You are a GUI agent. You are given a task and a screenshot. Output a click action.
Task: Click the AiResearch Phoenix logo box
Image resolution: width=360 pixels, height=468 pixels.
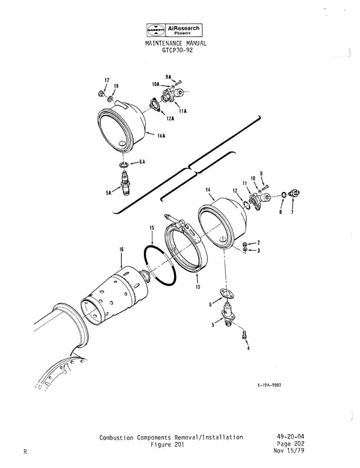(175, 30)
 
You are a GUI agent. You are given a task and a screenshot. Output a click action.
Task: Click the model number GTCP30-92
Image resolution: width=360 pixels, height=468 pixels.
(175, 49)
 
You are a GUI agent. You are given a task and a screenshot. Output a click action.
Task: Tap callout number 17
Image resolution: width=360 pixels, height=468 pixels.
(106, 80)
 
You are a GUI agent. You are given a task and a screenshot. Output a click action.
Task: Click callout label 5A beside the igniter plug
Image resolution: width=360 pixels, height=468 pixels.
(108, 192)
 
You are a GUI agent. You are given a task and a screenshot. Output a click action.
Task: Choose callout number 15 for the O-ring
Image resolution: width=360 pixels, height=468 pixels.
(153, 228)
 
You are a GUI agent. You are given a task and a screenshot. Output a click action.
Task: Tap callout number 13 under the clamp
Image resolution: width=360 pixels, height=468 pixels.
(179, 286)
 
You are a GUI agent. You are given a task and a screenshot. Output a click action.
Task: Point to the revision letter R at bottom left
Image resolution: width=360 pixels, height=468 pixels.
(25, 453)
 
